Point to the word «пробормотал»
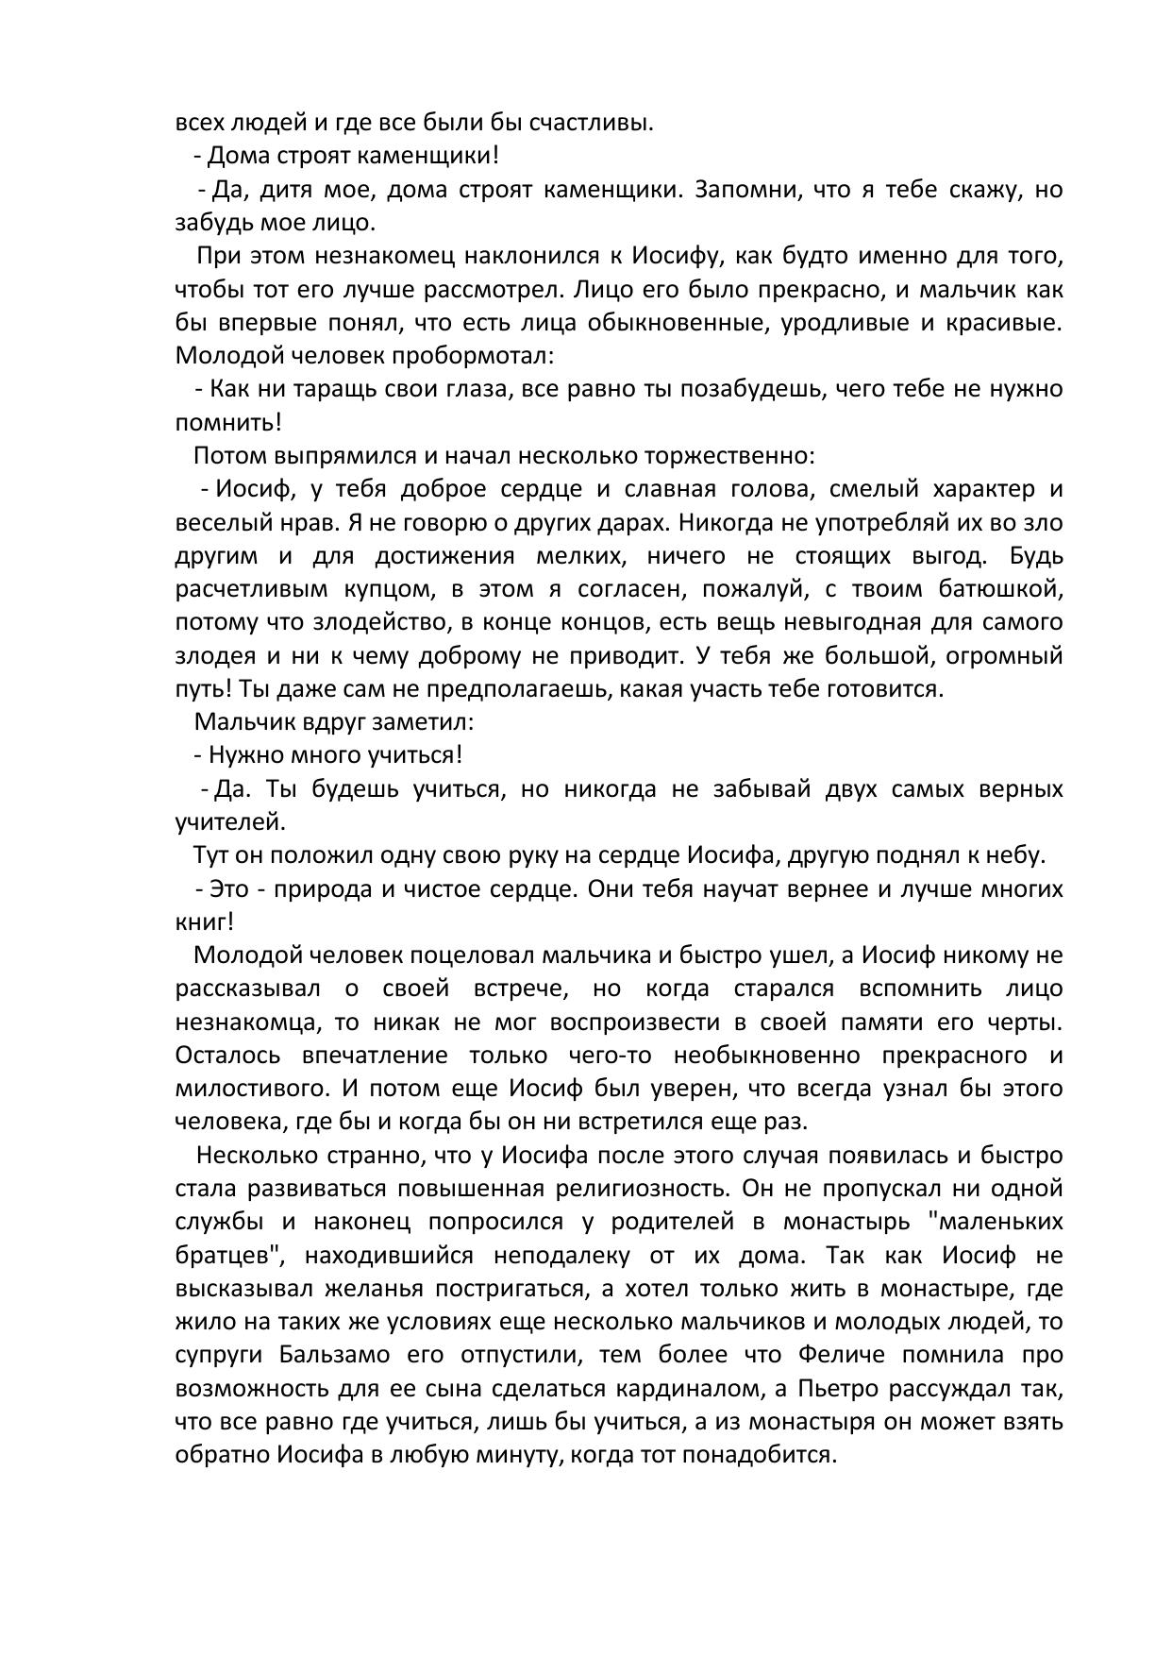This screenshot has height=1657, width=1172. (472, 356)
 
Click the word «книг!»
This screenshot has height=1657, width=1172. (204, 921)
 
